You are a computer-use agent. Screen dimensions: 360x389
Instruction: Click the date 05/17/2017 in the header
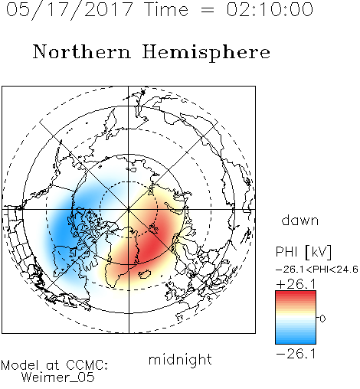[x=70, y=10]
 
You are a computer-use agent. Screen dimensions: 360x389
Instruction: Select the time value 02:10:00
[x=270, y=9]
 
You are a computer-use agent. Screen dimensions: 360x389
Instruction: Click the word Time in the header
[x=166, y=9]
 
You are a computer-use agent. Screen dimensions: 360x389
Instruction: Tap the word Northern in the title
[x=82, y=52]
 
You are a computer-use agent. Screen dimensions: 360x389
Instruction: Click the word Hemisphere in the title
[x=206, y=53]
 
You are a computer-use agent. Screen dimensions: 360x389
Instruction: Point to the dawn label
[x=300, y=220]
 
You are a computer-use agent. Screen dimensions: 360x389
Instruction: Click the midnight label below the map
[x=180, y=360]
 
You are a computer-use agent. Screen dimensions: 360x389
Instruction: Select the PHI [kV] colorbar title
[x=303, y=252]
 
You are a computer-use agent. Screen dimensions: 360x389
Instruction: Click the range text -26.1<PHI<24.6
[x=317, y=270]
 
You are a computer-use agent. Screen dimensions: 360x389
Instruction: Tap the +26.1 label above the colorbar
[x=296, y=284]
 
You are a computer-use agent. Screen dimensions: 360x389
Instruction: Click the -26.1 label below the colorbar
[x=296, y=354]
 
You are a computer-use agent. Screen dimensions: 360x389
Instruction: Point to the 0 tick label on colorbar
[x=322, y=319]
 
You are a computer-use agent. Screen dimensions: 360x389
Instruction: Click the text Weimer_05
[x=58, y=378]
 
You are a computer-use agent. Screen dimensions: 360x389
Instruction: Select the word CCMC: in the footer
[x=87, y=365]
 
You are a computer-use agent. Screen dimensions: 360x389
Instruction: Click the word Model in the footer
[x=20, y=365]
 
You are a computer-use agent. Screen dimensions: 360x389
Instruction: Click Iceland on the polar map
[x=145, y=274]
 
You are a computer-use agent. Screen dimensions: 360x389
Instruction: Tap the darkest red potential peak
[x=149, y=247]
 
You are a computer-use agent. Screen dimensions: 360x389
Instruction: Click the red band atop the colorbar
[x=296, y=294]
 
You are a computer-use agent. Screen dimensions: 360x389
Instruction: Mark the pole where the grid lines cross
[x=129, y=210]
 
